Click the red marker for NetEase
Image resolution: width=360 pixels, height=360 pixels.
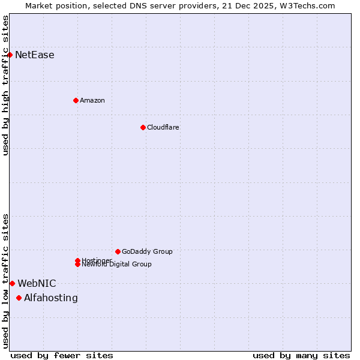10,55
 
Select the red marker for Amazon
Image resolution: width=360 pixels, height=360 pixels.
76,100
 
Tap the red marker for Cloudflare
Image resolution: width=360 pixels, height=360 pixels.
143,127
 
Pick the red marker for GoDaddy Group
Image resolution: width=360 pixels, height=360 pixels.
118,251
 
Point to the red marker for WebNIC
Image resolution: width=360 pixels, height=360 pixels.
12,283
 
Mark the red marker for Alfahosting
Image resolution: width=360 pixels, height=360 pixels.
19,298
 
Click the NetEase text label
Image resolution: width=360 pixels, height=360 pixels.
35,55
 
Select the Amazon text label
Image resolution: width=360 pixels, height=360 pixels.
92,100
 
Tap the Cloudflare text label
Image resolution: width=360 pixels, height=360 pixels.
163,127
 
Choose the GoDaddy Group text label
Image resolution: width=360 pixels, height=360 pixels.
147,251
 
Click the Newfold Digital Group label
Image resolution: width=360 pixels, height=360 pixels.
117,265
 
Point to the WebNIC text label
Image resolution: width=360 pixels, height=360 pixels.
37,283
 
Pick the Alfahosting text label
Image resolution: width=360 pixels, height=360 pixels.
51,298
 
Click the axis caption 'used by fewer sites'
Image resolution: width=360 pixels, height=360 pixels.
62,355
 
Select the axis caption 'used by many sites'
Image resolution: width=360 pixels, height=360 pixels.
301,355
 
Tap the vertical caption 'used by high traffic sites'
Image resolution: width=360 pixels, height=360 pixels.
6,85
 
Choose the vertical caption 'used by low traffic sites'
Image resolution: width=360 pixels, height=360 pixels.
6,280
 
